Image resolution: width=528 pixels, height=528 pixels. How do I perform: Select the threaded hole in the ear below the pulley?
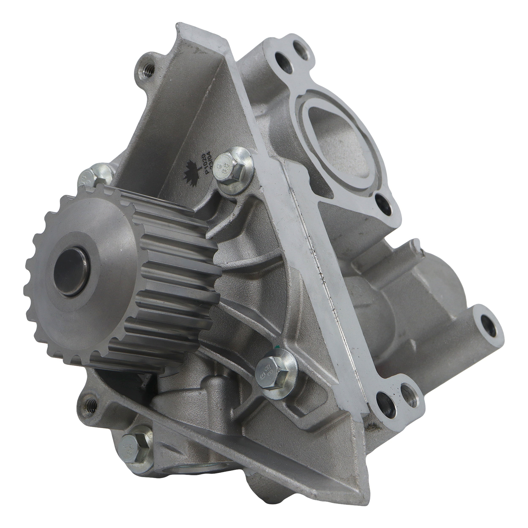[x=92, y=403]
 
